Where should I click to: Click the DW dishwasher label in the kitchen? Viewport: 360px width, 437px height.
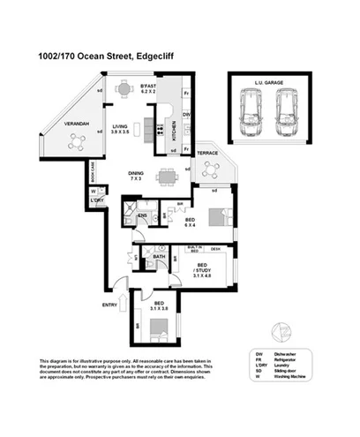[x=185, y=115]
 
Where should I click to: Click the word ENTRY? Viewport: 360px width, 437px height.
[x=109, y=305]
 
